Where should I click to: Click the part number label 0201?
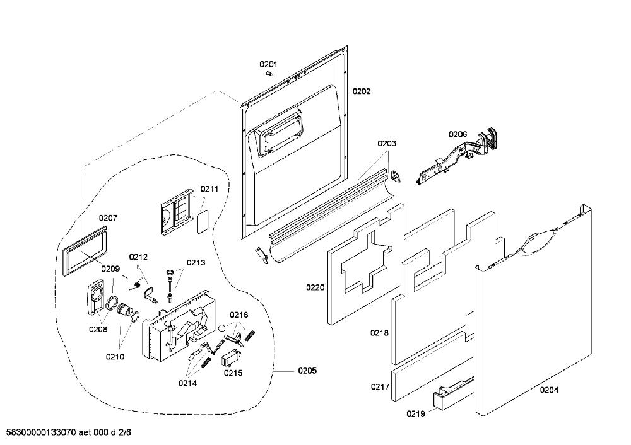pos(268,64)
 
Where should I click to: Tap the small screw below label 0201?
pos(269,74)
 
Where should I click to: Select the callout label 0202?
pos(362,91)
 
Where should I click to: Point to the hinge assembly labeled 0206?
pos(457,156)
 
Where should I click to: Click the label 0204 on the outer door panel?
pos(549,390)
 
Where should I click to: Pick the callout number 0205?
pos(307,371)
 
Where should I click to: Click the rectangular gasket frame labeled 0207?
pos(86,251)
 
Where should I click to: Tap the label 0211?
pos(209,189)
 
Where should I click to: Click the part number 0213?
pos(196,262)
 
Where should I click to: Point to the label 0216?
pos(239,315)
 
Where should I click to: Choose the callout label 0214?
pos(187,383)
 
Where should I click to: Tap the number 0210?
pos(115,357)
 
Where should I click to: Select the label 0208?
pos(98,329)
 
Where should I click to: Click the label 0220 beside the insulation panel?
pos(315,287)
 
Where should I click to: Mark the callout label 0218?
pos(379,332)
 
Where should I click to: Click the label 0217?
pos(380,387)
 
